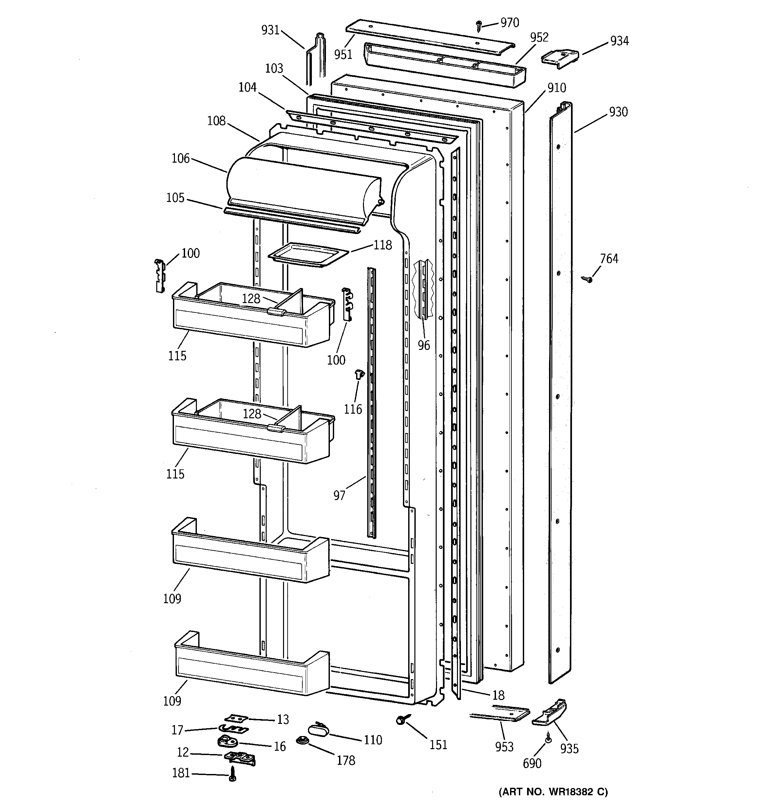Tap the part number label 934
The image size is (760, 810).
tap(619, 41)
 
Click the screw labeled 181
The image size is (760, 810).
tap(232, 773)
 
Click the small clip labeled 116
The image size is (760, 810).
tap(359, 373)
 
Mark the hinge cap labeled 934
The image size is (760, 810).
tap(560, 57)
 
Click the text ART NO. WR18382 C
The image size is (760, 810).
tap(553, 792)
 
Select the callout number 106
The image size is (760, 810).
tap(180, 158)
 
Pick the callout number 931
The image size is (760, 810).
tap(270, 30)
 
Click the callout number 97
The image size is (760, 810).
tap(339, 495)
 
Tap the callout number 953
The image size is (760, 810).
tap(504, 747)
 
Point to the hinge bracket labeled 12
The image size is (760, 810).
tap(240, 757)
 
